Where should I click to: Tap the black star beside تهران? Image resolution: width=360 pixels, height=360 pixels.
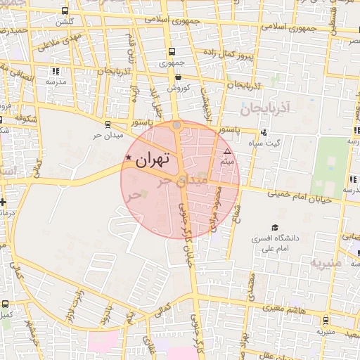(x=127, y=158)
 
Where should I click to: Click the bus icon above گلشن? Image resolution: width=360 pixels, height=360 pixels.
(x=65, y=11)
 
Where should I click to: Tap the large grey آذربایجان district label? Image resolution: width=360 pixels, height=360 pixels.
(x=266, y=109)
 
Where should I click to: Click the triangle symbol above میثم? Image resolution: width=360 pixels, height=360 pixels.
(x=226, y=152)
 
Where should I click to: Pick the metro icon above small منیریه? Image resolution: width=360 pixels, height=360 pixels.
(x=323, y=320)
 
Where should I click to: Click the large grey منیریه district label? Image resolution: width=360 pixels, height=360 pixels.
(x=326, y=262)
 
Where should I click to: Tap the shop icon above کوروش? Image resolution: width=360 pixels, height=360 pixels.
(x=179, y=77)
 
